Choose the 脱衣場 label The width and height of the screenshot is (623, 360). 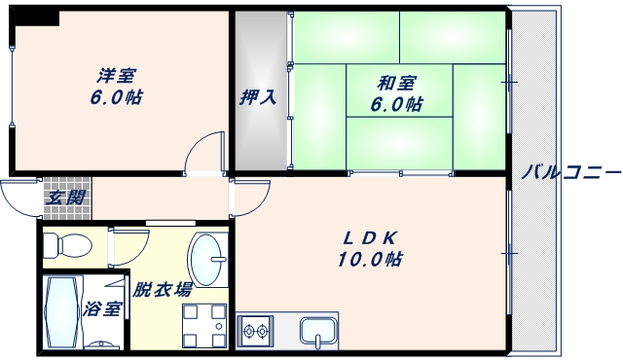(162, 289)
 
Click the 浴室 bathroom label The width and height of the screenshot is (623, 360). (102, 309)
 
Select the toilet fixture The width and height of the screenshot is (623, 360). (67, 243)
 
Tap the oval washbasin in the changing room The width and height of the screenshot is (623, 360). (206, 258)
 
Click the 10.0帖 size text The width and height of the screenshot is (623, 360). (371, 260)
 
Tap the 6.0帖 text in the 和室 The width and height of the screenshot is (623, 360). (394, 103)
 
